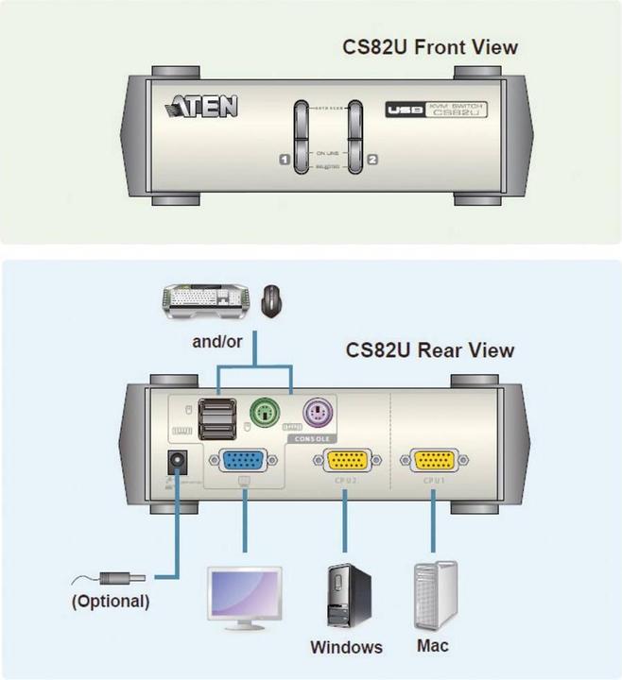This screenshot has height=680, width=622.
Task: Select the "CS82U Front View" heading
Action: pyautogui.click(x=430, y=47)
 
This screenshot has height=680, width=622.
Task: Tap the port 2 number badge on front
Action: pyautogui.click(x=371, y=160)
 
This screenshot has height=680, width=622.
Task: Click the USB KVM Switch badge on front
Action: pyautogui.click(x=436, y=110)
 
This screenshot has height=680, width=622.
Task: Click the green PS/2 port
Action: pyautogui.click(x=268, y=415)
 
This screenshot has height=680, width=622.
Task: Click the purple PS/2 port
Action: pyautogui.click(x=320, y=415)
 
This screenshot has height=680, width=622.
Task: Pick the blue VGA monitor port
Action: pyautogui.click(x=244, y=460)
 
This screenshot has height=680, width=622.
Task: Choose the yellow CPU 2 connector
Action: pyautogui.click(x=347, y=460)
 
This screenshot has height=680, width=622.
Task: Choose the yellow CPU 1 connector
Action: pyautogui.click(x=432, y=460)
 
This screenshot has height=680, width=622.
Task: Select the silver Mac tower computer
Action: pyautogui.click(x=435, y=595)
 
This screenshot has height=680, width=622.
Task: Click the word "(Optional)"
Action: pyautogui.click(x=111, y=601)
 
